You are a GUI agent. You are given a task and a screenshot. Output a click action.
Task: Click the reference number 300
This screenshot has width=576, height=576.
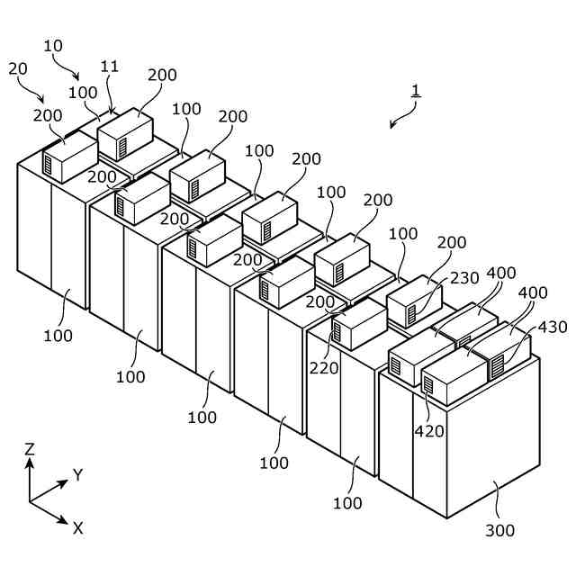click(499, 531)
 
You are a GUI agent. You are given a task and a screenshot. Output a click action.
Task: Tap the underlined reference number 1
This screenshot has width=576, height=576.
click(415, 90)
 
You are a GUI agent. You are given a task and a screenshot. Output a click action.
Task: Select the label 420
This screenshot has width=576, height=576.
click(429, 431)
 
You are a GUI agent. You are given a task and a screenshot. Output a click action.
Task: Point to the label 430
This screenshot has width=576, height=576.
click(553, 328)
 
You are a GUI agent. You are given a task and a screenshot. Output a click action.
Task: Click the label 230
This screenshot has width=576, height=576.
click(464, 279)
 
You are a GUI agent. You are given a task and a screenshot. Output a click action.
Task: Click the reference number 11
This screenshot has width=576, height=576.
click(109, 66)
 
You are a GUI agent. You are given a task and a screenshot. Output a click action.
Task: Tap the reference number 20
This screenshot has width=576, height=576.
click(18, 68)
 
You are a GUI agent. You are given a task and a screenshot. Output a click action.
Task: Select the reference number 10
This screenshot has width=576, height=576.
click(53, 45)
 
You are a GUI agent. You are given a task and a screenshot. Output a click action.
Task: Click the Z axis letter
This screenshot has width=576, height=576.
click(30, 448)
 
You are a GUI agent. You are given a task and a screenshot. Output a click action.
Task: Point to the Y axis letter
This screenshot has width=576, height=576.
click(78, 475)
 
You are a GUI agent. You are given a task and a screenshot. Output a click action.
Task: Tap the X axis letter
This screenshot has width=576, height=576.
click(77, 528)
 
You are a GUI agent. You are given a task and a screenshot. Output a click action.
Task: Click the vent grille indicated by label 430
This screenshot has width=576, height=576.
click(496, 367)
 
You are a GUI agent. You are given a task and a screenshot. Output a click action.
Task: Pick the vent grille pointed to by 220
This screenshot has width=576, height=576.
click(337, 330)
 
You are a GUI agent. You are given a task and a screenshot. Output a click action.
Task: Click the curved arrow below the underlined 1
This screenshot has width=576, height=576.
click(404, 114)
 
